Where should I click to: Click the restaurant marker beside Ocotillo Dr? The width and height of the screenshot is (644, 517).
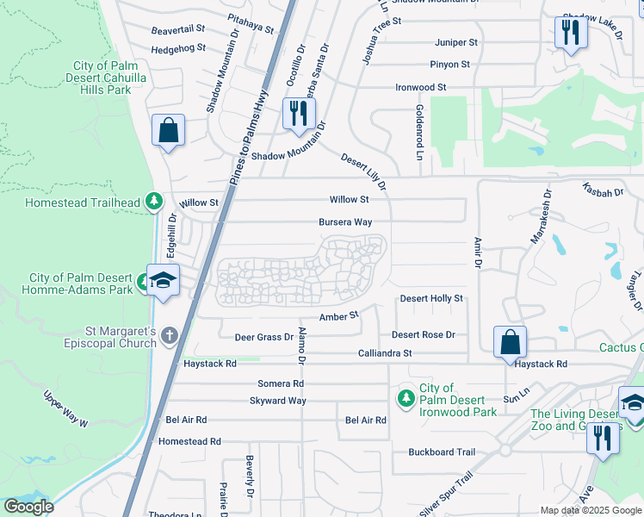pyautogui.click(x=299, y=114)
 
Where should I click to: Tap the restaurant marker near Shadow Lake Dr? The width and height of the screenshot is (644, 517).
pyautogui.click(x=570, y=33)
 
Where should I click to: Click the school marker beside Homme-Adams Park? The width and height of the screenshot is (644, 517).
pyautogui.click(x=162, y=282)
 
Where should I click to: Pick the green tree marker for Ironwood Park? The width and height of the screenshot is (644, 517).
pyautogui.click(x=406, y=398)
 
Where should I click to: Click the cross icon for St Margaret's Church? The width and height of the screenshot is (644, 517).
pyautogui.click(x=170, y=334)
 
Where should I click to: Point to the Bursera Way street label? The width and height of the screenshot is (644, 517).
pyautogui.click(x=345, y=222)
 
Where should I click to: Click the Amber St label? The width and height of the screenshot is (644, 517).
pyautogui.click(x=338, y=317)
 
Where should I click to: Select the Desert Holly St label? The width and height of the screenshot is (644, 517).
pyautogui.click(x=431, y=299)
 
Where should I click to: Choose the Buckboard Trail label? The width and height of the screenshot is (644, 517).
pyautogui.click(x=442, y=452)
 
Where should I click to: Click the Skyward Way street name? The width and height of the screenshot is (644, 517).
pyautogui.click(x=277, y=401)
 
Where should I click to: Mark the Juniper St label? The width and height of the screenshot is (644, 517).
pyautogui.click(x=456, y=42)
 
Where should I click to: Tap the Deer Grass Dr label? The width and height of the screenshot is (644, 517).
pyautogui.click(x=264, y=337)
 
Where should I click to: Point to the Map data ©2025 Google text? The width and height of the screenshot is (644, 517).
pyautogui.click(x=591, y=510)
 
